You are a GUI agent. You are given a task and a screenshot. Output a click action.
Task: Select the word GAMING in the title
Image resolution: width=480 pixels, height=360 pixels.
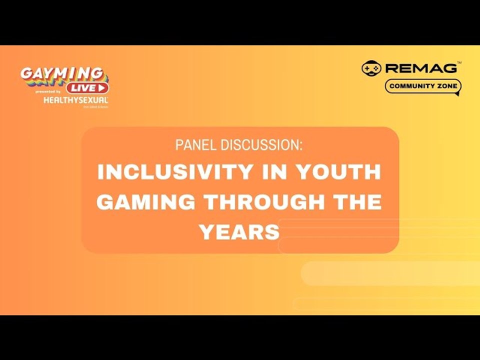click(x=145, y=202)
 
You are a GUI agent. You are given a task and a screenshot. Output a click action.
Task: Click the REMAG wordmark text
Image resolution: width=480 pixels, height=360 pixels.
click(x=420, y=68)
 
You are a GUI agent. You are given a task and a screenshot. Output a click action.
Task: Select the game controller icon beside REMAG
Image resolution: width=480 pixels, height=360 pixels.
click(x=371, y=68)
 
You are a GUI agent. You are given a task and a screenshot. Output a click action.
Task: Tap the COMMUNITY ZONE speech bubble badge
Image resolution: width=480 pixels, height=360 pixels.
click(x=423, y=86)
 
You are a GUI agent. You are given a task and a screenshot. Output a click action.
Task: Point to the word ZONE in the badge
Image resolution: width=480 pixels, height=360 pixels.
click(x=447, y=86)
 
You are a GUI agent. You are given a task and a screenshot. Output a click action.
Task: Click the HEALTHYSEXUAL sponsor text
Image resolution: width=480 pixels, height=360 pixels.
click(x=75, y=100)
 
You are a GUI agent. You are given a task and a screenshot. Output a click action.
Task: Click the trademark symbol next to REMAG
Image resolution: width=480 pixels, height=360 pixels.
click(x=459, y=63)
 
